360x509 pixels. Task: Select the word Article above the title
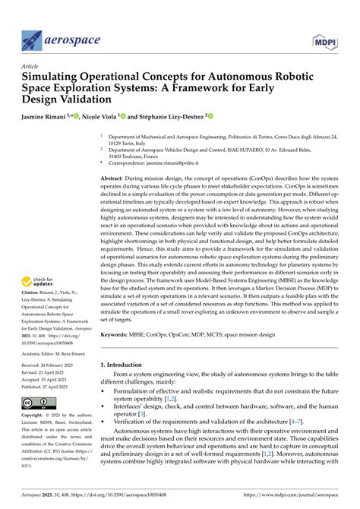(33, 67)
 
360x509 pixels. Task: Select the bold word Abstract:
(115, 178)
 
